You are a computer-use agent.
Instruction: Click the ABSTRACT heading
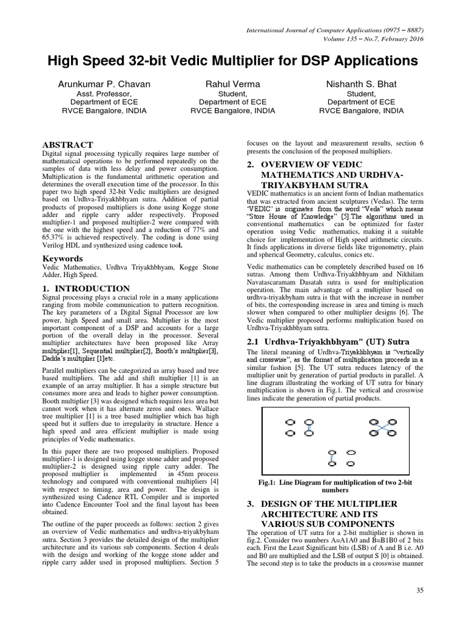coord(67,145)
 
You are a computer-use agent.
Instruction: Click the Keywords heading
coord(62,259)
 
